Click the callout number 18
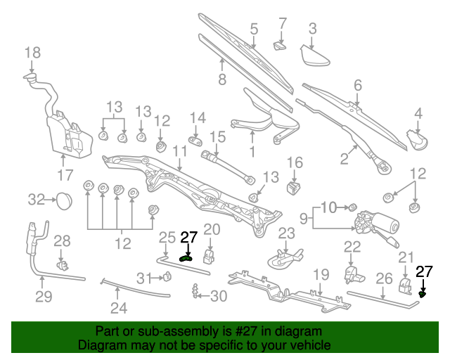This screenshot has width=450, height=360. [x=33, y=52]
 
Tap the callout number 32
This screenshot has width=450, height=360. [x=37, y=200]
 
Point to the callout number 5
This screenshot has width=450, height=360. [x=254, y=29]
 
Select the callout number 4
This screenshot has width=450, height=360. [x=418, y=112]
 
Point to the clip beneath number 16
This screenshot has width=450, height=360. [x=294, y=187]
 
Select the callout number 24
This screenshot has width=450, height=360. [x=118, y=307]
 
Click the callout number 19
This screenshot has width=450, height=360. [x=321, y=274]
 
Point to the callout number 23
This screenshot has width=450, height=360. [x=285, y=233]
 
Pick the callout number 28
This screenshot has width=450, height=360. [x=63, y=242]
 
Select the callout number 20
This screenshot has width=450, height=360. [x=212, y=229]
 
